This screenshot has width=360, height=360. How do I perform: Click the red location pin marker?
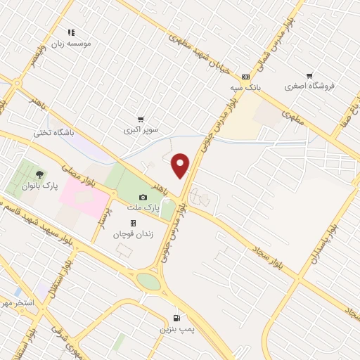pyautogui.click(x=181, y=165)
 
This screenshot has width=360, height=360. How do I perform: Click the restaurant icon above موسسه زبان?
pyautogui.click(x=70, y=32)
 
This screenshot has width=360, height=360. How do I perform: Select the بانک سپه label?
pyautogui.click(x=245, y=88)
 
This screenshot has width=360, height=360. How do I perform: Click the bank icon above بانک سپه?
pyautogui.click(x=245, y=77)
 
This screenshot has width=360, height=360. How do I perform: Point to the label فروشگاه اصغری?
pyautogui.click(x=310, y=86)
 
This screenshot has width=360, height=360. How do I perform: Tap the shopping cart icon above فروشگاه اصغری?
pyautogui.click(x=309, y=76)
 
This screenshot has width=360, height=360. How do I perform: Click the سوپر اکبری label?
pyautogui.click(x=141, y=130)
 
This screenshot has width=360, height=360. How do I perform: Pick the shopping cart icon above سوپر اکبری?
pyautogui.click(x=141, y=120)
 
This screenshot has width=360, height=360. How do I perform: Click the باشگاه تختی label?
pyautogui.click(x=53, y=131)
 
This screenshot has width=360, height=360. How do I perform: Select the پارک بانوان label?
pyautogui.click(x=38, y=186)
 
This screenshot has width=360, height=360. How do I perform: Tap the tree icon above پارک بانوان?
pyautogui.click(x=38, y=174)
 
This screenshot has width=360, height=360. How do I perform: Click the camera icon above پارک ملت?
pyautogui.click(x=143, y=198)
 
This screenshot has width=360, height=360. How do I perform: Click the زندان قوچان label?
pyautogui.click(x=133, y=234)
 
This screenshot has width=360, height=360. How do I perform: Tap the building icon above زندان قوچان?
pyautogui.click(x=133, y=223)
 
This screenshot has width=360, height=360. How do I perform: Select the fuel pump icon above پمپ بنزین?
pyautogui.click(x=175, y=317)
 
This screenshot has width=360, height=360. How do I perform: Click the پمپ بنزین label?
pyautogui.click(x=176, y=328)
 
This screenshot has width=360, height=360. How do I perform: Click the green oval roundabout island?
pyautogui.click(x=148, y=281)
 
